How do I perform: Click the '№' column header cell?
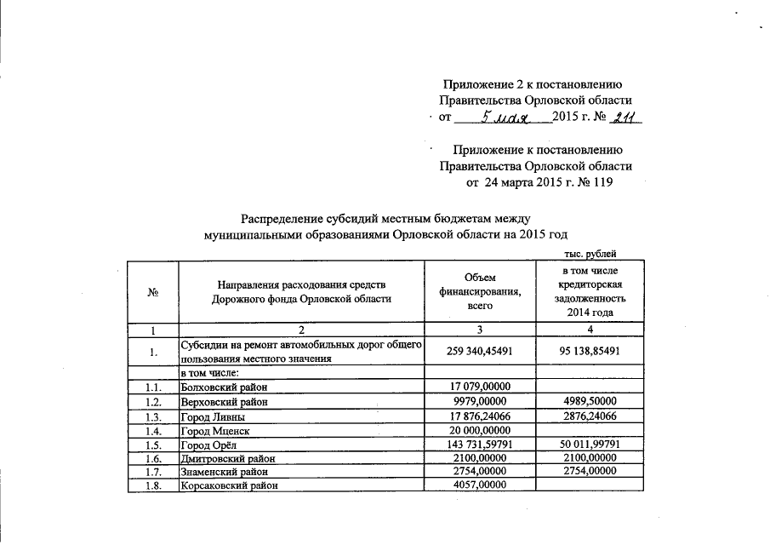[155, 291]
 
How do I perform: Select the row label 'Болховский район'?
[220, 387]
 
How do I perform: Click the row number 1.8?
[153, 486]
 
